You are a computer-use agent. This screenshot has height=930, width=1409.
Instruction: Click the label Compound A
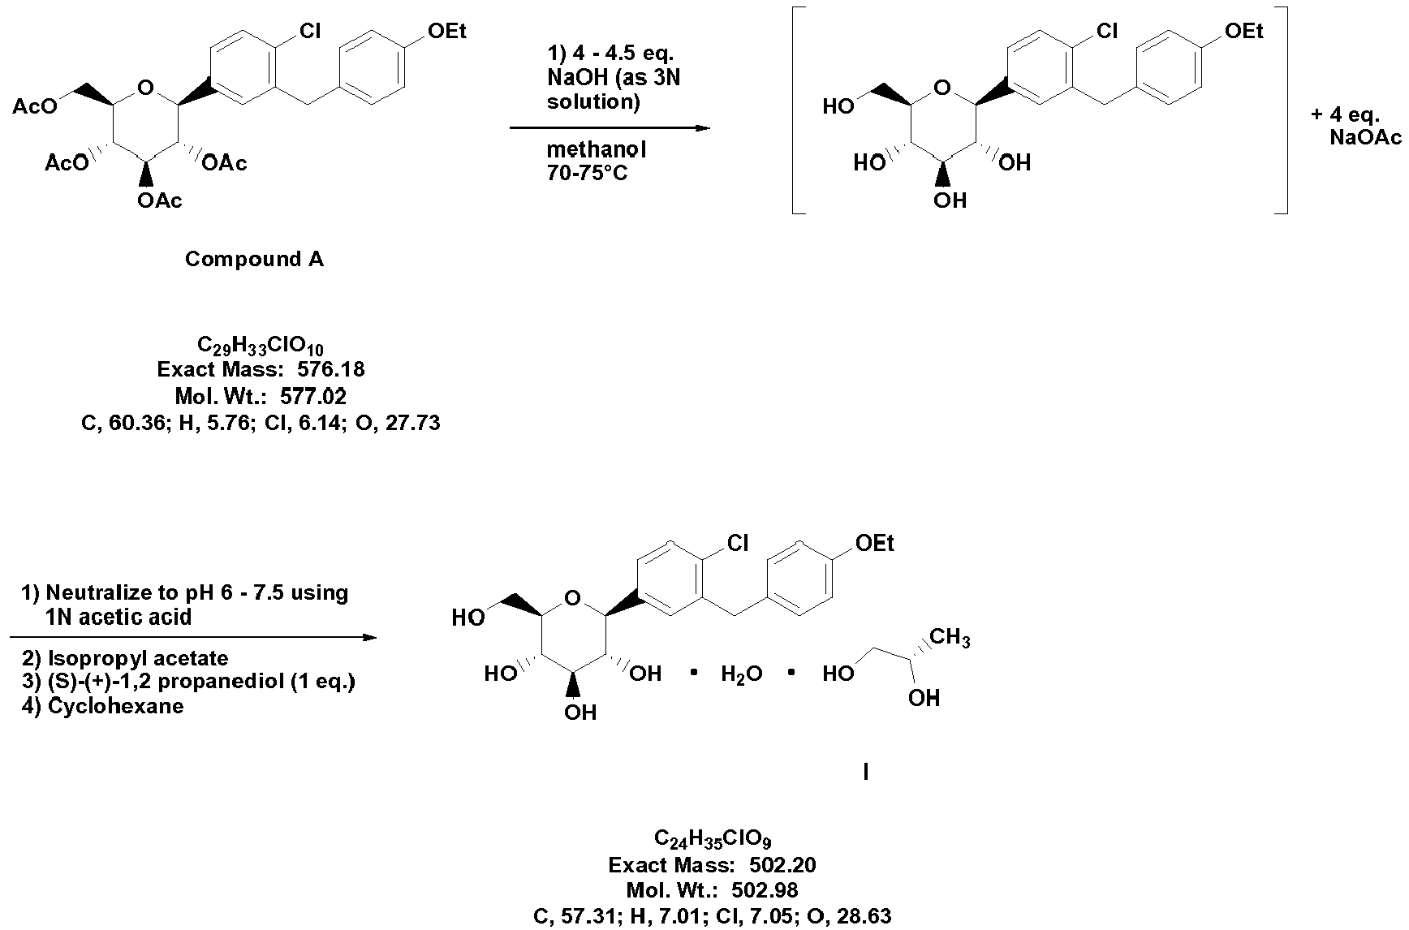(254, 259)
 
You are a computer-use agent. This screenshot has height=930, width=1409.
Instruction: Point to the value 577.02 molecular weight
(313, 397)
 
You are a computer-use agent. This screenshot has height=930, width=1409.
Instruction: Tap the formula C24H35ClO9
(718, 838)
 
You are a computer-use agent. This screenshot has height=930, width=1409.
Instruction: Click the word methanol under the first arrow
(596, 150)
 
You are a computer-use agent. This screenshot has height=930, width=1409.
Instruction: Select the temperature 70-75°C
(587, 173)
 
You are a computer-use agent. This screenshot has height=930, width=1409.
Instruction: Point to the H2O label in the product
(741, 674)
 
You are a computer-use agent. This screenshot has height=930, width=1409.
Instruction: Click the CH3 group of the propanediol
(949, 638)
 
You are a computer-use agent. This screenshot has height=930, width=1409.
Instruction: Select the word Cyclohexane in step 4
(115, 706)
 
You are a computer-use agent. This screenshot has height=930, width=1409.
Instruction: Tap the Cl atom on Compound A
(310, 32)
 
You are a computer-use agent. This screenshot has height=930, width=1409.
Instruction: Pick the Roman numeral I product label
(866, 773)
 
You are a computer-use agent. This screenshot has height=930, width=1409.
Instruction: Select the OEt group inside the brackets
(1244, 32)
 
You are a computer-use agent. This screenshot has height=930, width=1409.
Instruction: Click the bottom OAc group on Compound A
(160, 200)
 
